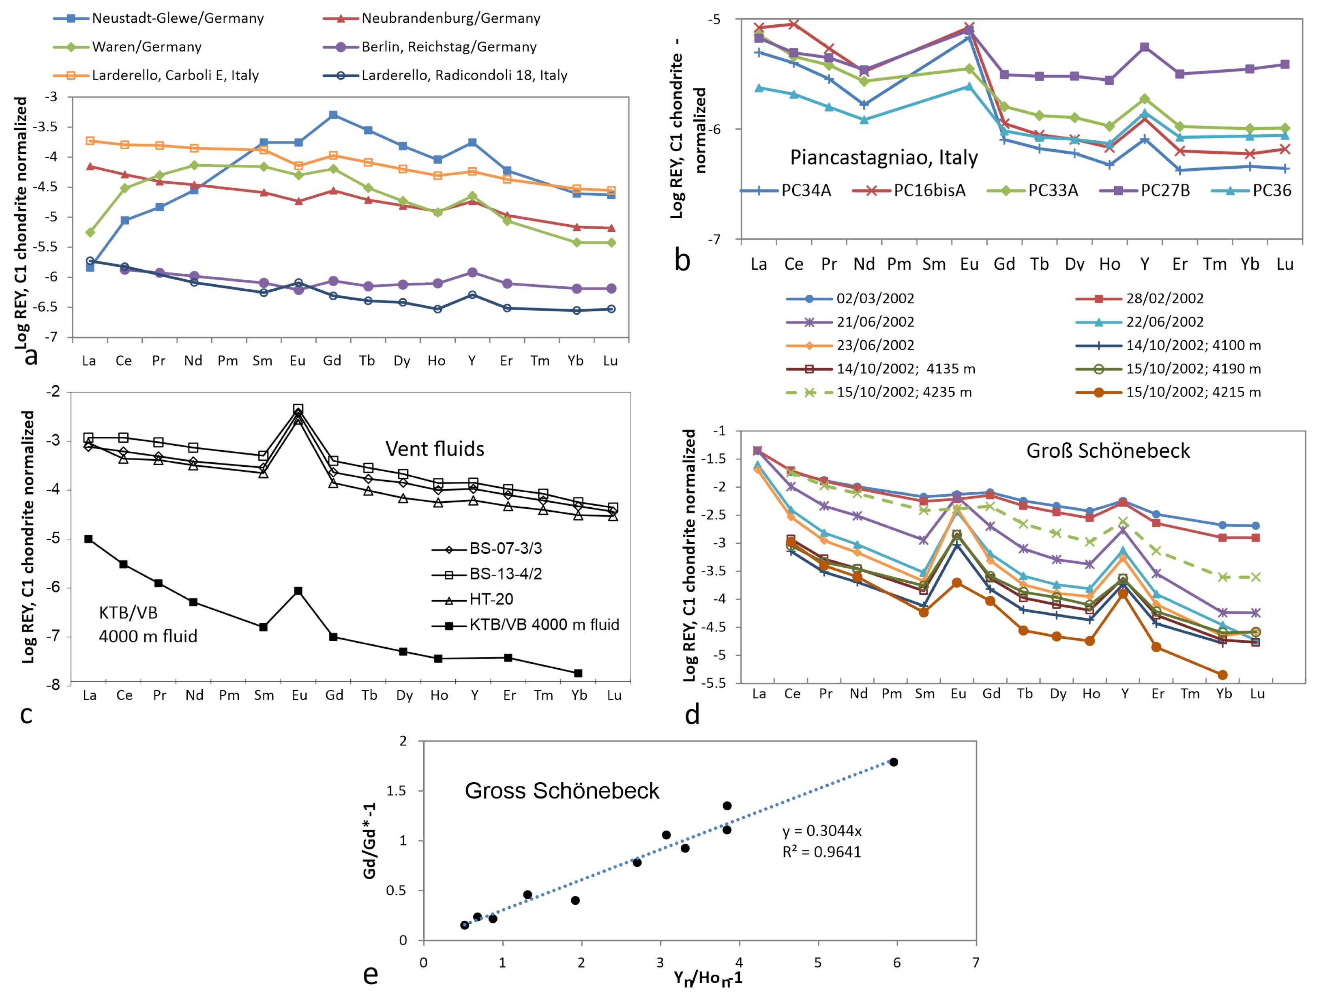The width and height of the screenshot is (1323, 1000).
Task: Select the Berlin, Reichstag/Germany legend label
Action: pos(448,47)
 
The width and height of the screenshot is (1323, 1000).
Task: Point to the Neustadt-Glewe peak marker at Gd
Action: pos(333,115)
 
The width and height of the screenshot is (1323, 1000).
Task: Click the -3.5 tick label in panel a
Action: pos(45,127)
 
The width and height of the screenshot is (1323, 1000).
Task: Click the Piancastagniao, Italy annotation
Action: pos(883,157)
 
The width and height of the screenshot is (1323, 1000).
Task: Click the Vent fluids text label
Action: pos(434,448)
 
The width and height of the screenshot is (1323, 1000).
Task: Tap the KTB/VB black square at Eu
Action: pos(298,591)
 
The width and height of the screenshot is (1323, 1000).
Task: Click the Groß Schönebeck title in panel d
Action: pos(1108,451)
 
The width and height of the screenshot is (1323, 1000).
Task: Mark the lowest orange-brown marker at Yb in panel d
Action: pos(1222,675)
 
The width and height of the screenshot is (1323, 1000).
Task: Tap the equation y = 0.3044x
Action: pos(822,831)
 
